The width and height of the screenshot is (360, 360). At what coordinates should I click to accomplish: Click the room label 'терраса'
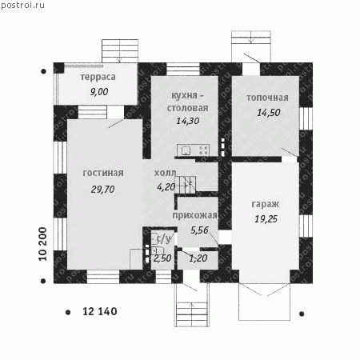pos(98,77)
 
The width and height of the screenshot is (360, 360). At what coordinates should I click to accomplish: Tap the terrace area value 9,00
pos(99,92)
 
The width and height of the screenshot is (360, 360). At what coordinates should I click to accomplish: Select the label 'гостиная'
pos(103,173)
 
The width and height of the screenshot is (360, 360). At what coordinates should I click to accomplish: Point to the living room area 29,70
pos(102,190)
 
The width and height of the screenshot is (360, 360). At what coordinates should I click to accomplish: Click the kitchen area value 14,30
pos(188,121)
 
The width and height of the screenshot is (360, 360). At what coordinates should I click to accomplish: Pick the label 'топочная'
pos(267,98)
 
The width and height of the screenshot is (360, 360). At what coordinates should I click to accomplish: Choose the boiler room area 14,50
pos(269,113)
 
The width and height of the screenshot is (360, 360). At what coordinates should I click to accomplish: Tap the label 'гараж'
pos(266,204)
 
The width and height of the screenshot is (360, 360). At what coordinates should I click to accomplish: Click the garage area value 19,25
pos(266,219)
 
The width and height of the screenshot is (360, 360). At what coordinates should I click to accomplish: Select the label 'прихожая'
pos(194,215)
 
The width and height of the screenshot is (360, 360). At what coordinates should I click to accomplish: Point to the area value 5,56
pos(199,230)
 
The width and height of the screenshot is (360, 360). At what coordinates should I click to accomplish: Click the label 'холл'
pos(166,173)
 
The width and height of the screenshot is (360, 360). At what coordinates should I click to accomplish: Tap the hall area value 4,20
pos(166,187)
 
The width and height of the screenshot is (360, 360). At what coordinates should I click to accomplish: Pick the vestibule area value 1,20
pos(198,258)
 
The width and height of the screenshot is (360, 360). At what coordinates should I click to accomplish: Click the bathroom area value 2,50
pos(162,258)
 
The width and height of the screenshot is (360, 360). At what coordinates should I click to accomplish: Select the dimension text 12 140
pos(100,311)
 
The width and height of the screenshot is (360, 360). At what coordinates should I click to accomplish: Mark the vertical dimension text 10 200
pos(42,244)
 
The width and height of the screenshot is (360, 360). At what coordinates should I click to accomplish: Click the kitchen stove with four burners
pos(204,150)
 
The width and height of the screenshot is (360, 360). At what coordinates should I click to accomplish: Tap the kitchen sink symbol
pos(186,150)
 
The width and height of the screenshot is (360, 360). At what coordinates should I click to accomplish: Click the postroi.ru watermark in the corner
pos(22,5)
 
